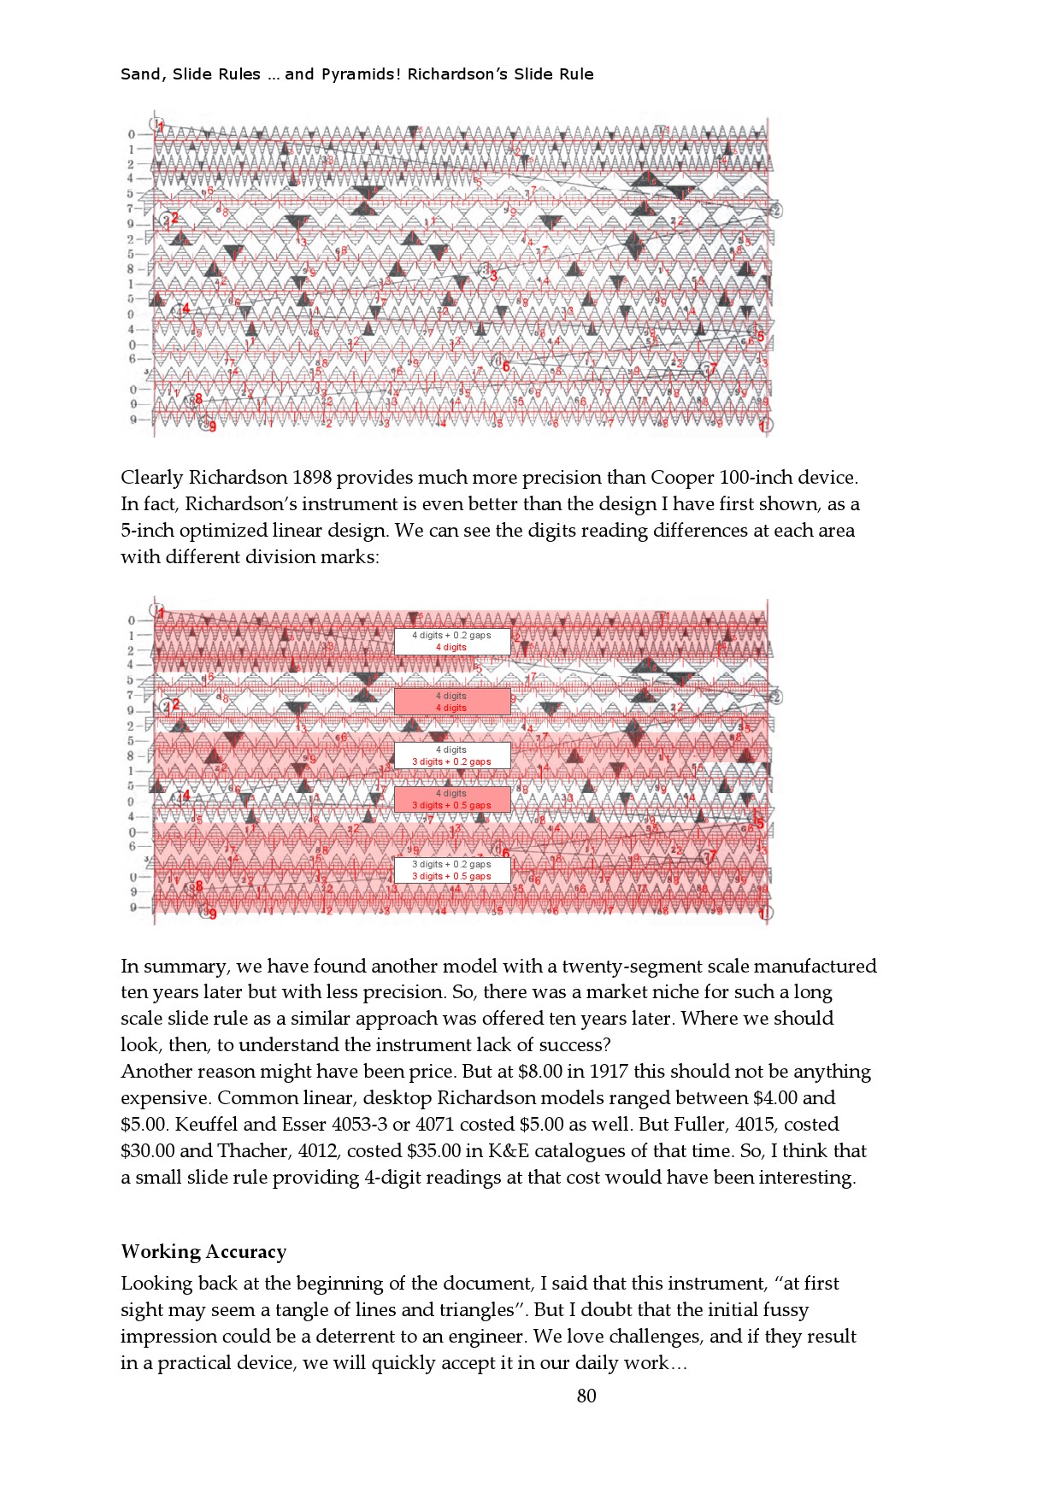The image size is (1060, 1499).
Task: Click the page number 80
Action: pyautogui.click(x=586, y=1396)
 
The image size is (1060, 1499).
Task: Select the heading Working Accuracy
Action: pyautogui.click(x=203, y=1252)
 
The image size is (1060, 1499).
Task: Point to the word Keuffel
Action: pyautogui.click(x=208, y=1125)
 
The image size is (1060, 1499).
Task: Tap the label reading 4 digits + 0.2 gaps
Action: pyautogui.click(x=451, y=636)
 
